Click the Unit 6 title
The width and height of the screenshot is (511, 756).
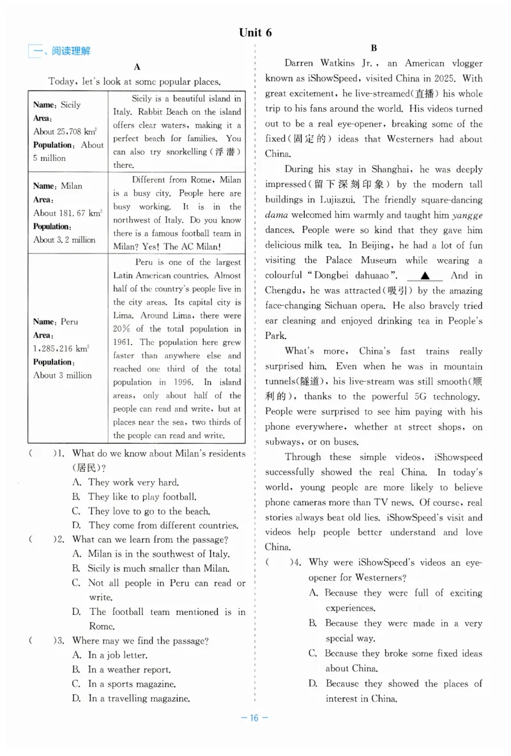(255, 33)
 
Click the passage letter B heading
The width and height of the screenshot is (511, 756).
(374, 48)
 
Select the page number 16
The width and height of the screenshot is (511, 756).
(254, 718)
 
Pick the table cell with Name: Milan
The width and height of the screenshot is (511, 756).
(68, 213)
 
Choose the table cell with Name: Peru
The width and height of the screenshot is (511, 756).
(68, 348)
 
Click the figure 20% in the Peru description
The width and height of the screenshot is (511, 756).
(122, 329)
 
